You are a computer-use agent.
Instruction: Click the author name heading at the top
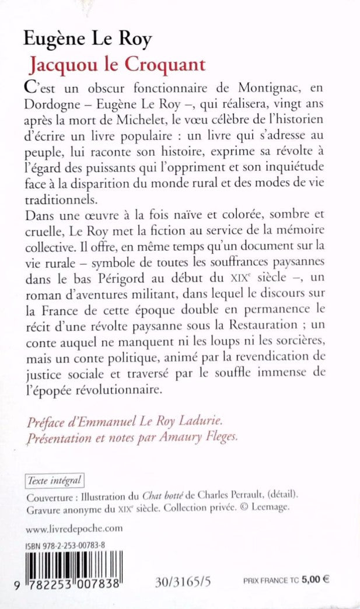[87, 39]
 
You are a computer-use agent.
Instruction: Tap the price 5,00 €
[317, 580]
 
